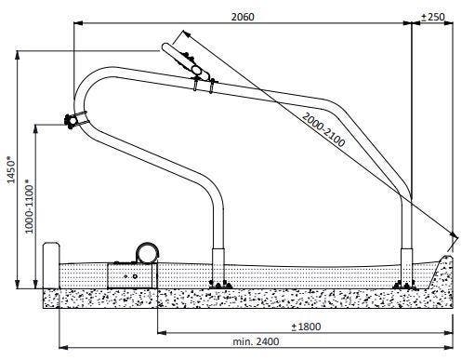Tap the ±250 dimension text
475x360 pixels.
pos(434,17)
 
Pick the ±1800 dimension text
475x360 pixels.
pos(306,327)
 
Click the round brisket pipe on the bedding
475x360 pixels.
pos(147,251)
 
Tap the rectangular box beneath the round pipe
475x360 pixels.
pos(130,274)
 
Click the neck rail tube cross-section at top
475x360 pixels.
pos(195,68)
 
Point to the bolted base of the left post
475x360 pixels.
pos(219,283)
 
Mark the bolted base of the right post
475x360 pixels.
pos(403,283)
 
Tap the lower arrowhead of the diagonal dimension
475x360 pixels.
pos(453,235)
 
